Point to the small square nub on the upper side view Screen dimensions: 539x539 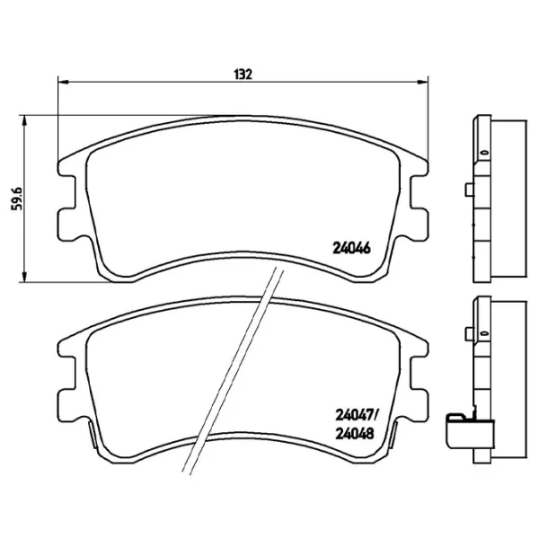point(468,190)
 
